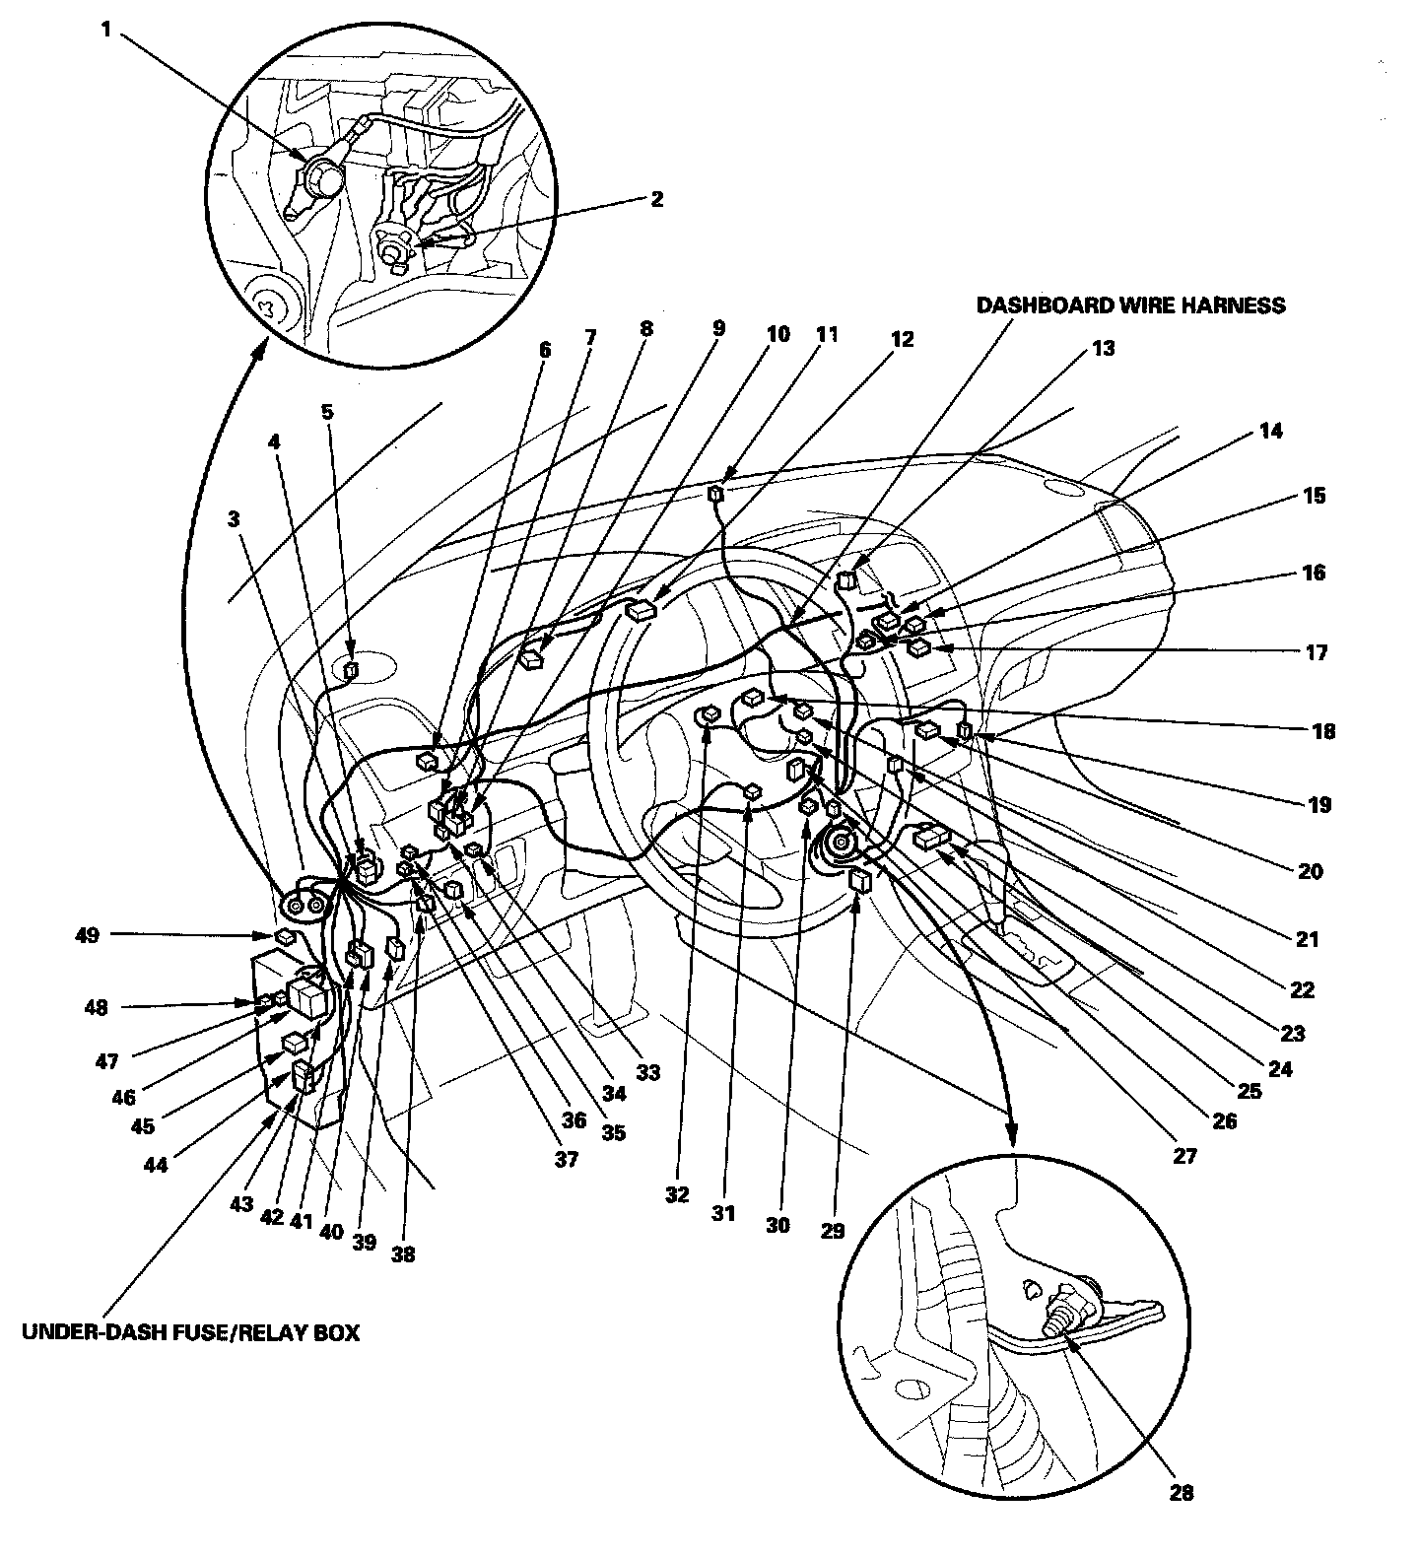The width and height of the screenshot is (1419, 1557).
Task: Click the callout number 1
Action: pos(105,31)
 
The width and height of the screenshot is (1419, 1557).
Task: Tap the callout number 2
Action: pos(657,199)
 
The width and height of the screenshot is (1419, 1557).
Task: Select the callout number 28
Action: pos(1181,1493)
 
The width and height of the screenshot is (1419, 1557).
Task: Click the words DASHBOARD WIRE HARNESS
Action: pos(1130,305)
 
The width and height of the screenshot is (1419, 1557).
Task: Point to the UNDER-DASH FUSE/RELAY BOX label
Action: pos(190,1333)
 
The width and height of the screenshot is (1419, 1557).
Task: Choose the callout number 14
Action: pos(1271,431)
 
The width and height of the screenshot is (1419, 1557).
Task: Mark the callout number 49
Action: pos(88,935)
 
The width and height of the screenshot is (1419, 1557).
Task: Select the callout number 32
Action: pos(677,1195)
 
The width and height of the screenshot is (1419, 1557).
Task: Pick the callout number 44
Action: pos(155,1164)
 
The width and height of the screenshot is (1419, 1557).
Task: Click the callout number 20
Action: pos(1312,871)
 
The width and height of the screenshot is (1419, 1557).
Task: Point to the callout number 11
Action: pos(827,334)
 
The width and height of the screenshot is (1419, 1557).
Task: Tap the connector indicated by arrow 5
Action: pos(351,672)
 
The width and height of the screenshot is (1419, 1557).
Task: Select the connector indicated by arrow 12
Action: pos(641,611)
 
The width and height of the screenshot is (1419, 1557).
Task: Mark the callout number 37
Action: pos(566,1160)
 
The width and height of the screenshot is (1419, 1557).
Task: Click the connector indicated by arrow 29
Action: pos(858,881)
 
